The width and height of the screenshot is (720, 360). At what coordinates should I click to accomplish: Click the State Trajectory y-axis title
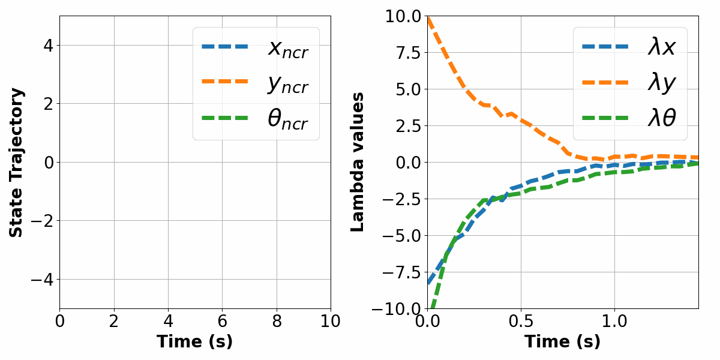pos(17,162)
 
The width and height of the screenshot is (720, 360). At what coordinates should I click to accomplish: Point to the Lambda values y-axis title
pos(358,162)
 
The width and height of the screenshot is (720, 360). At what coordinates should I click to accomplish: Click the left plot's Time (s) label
pos(194,342)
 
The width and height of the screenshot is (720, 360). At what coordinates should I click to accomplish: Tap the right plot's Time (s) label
pos(562,342)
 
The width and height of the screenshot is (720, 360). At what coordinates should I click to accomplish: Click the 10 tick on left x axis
pos(330,321)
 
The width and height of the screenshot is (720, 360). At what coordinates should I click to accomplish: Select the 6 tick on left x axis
pos(222,321)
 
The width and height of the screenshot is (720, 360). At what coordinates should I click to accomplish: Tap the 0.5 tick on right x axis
pos(521,321)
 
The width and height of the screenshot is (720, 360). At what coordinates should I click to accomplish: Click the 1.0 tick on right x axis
pos(614,321)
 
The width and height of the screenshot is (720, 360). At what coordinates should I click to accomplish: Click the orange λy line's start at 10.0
pos(428,17)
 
